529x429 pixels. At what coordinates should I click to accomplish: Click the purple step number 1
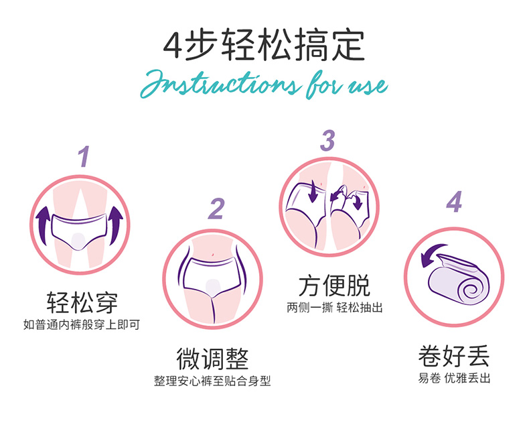click(84, 156)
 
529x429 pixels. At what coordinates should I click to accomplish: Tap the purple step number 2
click(216, 208)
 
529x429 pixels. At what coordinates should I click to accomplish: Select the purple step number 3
click(327, 140)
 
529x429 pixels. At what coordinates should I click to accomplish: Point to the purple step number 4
click(454, 202)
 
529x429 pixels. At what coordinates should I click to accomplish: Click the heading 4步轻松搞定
click(264, 45)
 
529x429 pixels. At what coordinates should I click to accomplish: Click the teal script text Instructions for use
click(264, 84)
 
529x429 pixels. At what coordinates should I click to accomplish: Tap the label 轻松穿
click(82, 302)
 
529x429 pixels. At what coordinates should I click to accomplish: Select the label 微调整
click(212, 359)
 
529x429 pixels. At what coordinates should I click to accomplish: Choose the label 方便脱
click(334, 286)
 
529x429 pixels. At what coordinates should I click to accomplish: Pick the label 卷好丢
click(454, 356)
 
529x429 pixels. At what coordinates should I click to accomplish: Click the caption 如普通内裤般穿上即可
click(82, 324)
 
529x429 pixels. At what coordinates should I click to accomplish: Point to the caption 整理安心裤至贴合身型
click(212, 381)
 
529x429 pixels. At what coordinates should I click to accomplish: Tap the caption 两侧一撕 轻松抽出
click(335, 308)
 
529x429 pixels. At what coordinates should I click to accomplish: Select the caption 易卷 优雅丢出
click(454, 378)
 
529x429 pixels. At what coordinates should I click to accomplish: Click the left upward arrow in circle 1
click(43, 225)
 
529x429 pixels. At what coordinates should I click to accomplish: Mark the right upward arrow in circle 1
click(116, 225)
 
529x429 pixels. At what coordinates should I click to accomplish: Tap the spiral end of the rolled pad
click(474, 290)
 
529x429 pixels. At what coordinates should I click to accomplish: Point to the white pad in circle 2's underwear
click(212, 288)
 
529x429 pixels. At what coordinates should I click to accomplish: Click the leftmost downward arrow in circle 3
click(313, 191)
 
